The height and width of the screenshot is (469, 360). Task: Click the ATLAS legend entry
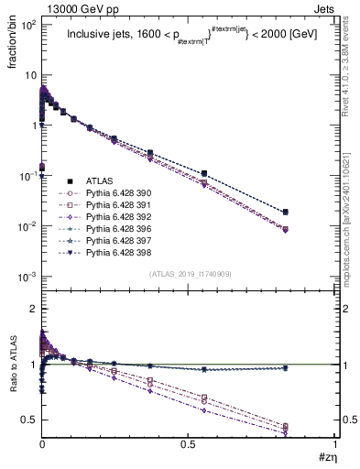[x=100, y=182]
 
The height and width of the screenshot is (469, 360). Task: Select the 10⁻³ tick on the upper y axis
[x=27, y=276]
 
